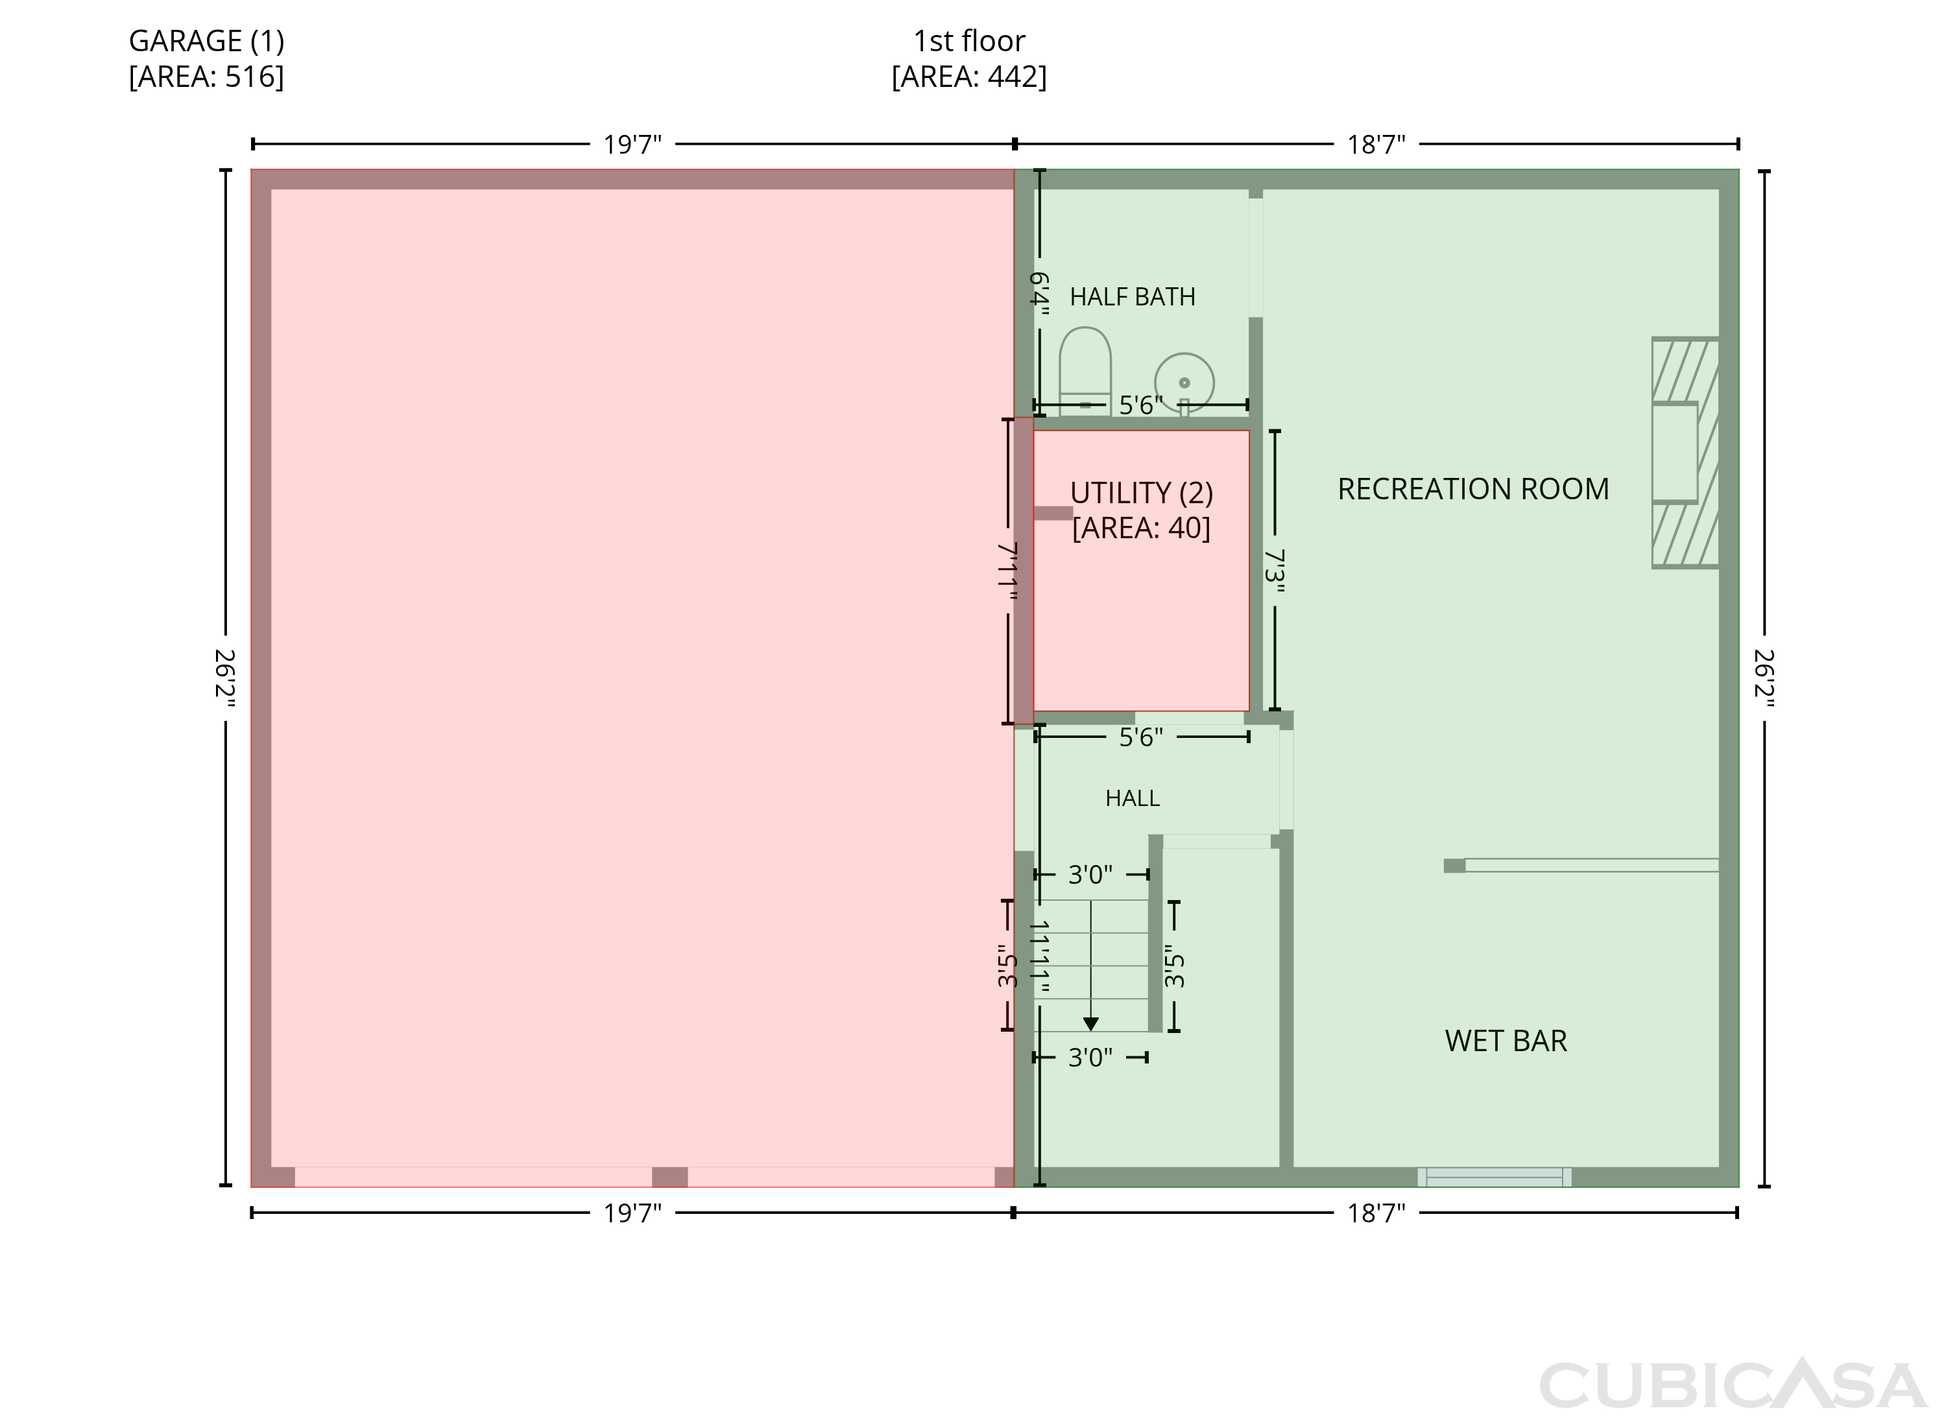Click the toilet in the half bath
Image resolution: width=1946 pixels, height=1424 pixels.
click(1085, 372)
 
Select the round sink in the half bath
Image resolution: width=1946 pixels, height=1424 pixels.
click(1184, 383)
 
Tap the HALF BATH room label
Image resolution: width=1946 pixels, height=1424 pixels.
click(1132, 296)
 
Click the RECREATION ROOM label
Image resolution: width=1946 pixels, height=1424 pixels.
click(1472, 489)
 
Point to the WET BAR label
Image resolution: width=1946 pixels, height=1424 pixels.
click(1506, 1040)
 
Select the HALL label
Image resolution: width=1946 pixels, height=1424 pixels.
click(1132, 798)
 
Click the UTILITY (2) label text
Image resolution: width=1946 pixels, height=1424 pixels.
click(1142, 492)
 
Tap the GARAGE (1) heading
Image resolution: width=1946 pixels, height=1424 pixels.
click(206, 40)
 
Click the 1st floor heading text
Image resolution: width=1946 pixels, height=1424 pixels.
click(969, 40)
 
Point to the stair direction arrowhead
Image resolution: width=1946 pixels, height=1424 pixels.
click(1090, 1024)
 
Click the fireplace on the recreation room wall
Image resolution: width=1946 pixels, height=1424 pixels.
click(1685, 453)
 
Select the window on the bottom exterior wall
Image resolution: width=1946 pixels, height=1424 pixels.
click(1495, 1176)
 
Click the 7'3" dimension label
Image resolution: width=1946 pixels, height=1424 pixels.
click(1275, 571)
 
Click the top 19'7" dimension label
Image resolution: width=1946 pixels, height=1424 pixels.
click(632, 144)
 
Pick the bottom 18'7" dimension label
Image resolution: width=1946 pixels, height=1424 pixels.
click(1376, 1213)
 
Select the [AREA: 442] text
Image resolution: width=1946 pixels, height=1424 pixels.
click(969, 77)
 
